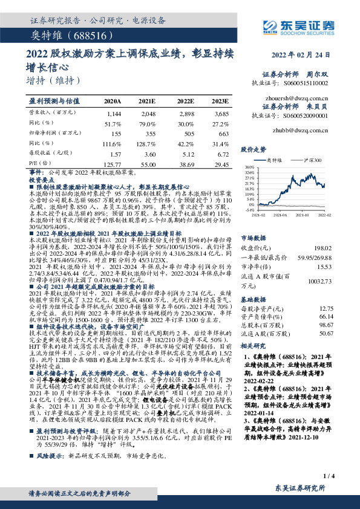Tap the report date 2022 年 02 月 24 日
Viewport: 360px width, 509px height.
pos(307,54)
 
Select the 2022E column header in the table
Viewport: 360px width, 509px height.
pos(185,100)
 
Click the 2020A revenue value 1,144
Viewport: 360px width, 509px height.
pos(113,114)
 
